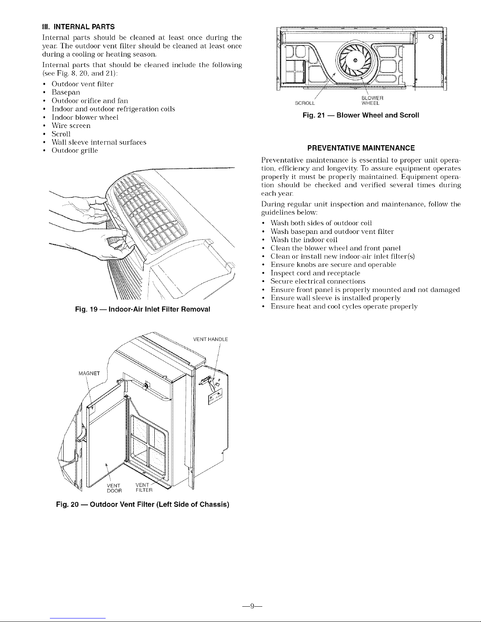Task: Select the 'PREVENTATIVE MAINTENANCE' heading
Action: coord(361,148)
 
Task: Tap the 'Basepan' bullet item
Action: coord(66,92)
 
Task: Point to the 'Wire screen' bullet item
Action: coord(71,126)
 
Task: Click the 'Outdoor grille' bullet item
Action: coord(74,151)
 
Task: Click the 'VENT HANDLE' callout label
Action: coord(211,339)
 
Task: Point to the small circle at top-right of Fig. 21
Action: coord(431,37)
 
